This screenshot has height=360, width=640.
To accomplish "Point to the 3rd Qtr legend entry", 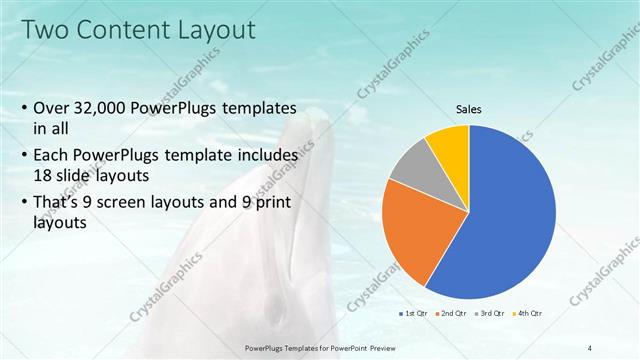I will point(488,314).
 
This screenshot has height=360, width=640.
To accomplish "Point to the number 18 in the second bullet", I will point(44,173).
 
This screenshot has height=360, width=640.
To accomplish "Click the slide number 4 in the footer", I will point(590,347).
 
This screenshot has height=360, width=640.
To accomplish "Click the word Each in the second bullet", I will point(52,156).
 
